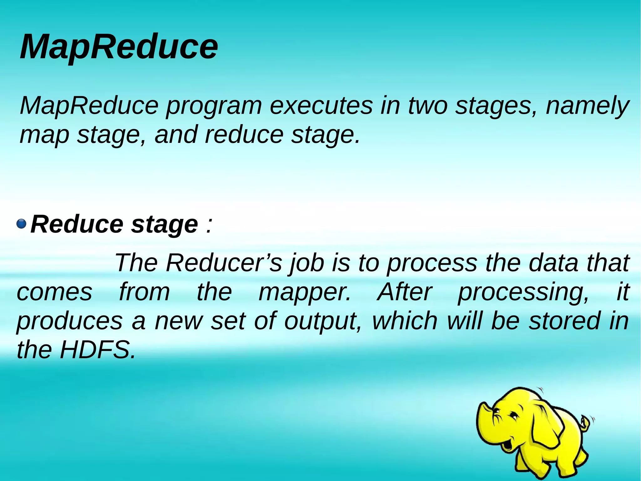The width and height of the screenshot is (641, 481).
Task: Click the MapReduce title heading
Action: (x=119, y=47)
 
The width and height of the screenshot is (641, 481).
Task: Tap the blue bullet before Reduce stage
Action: (x=21, y=224)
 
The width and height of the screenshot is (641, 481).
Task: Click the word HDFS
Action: (x=98, y=350)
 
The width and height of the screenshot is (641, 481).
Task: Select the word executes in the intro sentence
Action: (x=321, y=106)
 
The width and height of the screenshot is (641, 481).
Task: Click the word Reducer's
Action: (x=224, y=263)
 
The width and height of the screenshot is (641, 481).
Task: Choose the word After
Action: (x=404, y=292)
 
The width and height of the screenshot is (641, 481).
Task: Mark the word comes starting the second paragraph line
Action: (x=54, y=292)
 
